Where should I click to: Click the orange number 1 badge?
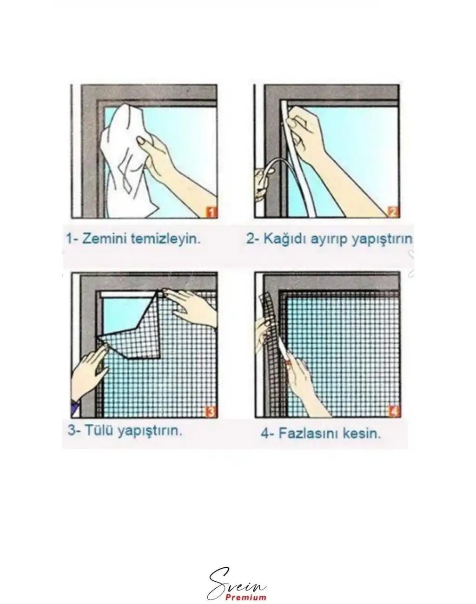211,213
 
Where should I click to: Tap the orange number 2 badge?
393,213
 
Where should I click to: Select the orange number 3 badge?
211,412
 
